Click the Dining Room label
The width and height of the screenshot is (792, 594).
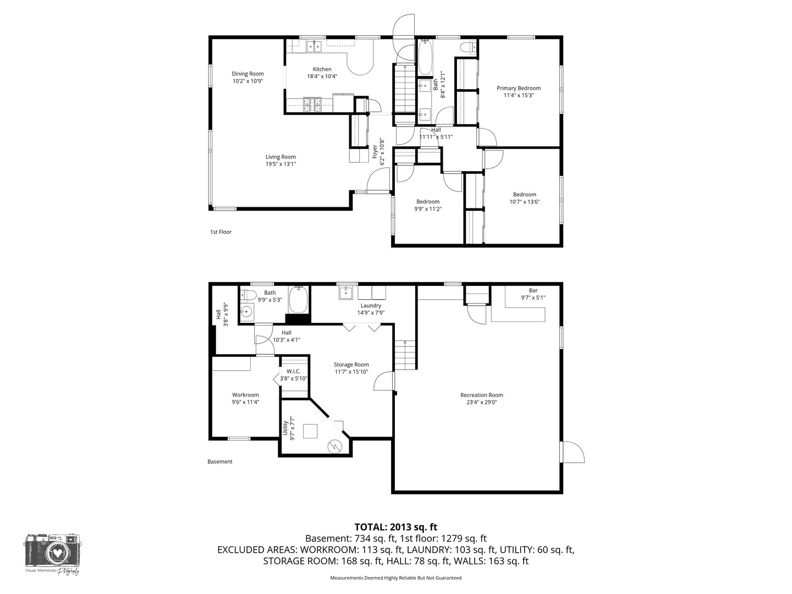(x=248, y=74)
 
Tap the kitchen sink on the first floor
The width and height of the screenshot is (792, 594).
(x=314, y=47)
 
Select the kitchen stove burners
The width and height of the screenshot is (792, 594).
(x=312, y=105)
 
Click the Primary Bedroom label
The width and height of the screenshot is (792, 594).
(x=519, y=89)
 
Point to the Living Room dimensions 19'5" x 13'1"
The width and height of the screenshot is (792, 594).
(x=280, y=164)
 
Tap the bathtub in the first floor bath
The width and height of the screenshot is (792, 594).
(x=425, y=57)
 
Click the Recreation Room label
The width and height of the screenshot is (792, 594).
(x=482, y=395)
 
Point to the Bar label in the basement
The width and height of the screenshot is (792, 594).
(x=533, y=290)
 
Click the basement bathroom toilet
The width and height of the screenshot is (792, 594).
(x=248, y=295)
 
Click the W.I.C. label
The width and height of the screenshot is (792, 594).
(x=294, y=371)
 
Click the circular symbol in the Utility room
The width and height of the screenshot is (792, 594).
(x=334, y=447)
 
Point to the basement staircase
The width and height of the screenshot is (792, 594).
(x=405, y=355)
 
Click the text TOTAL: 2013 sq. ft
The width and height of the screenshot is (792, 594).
(x=396, y=527)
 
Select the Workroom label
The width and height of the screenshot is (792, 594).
(x=245, y=395)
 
